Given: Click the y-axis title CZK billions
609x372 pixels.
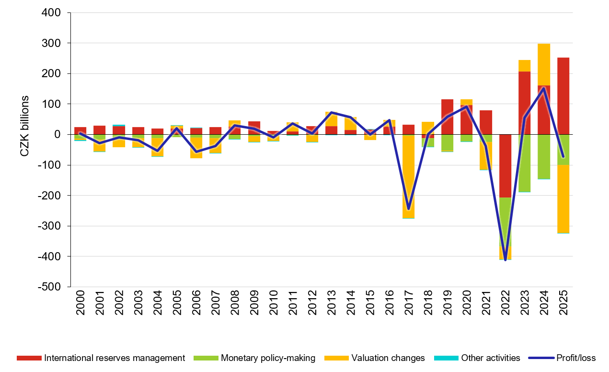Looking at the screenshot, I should click(24, 126).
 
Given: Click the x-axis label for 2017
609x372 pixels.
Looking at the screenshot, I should click(409, 304).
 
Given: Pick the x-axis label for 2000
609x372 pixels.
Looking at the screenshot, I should click(80, 304).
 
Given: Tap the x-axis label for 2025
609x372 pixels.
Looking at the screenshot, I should click(563, 304).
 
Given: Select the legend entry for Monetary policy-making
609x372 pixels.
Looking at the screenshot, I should click(268, 358).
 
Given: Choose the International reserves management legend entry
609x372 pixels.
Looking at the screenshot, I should click(114, 358).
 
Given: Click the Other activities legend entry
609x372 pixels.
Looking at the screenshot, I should click(490, 358).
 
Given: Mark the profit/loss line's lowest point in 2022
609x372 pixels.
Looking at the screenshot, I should click(505, 260).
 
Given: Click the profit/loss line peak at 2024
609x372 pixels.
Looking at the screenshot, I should click(544, 88).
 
